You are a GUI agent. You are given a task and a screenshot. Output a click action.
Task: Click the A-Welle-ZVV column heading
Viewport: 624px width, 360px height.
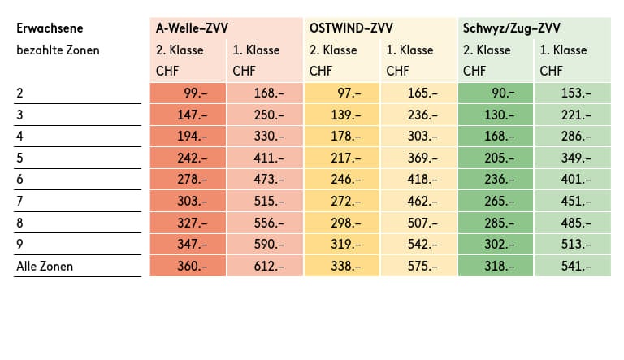pos(192,28)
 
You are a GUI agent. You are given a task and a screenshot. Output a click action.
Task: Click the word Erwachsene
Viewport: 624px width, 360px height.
pos(50,28)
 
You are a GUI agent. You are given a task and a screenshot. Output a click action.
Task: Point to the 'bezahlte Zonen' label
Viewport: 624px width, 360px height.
pos(58,50)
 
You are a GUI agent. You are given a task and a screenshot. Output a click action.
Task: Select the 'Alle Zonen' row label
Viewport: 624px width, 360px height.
pos(45,265)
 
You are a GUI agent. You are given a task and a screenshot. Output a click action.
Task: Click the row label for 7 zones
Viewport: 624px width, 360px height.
pos(19,201)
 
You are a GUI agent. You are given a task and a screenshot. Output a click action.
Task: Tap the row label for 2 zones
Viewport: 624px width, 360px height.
pos(19,93)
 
